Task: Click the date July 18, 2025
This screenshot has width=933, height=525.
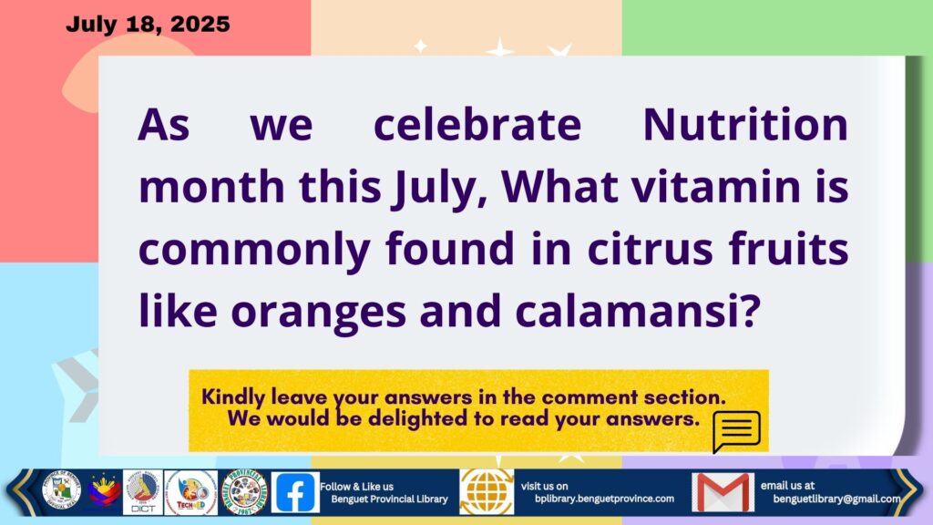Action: pyautogui.click(x=148, y=25)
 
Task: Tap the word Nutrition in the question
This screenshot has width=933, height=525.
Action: pyautogui.click(x=745, y=125)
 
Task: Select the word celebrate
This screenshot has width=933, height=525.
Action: pyautogui.click(x=477, y=125)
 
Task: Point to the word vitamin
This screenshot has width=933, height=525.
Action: pyautogui.click(x=716, y=187)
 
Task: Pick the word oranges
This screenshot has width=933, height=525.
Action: pyautogui.click(x=319, y=313)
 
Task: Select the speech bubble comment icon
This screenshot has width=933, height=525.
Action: pyautogui.click(x=736, y=431)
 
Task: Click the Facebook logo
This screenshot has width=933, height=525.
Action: pyautogui.click(x=295, y=492)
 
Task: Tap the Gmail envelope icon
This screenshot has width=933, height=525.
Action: pyautogui.click(x=723, y=492)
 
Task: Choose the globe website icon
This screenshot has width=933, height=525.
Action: pyautogui.click(x=487, y=491)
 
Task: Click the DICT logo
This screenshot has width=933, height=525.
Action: pyautogui.click(x=143, y=492)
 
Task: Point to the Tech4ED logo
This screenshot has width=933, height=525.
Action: pyautogui.click(x=191, y=492)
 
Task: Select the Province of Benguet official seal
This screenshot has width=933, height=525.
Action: pyautogui.click(x=61, y=491)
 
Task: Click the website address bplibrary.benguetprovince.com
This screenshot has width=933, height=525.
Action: pyautogui.click(x=605, y=499)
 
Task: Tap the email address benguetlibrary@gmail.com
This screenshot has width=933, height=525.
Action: pyautogui.click(x=836, y=499)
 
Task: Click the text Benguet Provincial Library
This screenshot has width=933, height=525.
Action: pyautogui.click(x=389, y=499)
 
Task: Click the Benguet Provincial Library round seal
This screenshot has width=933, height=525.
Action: pyautogui.click(x=244, y=492)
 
